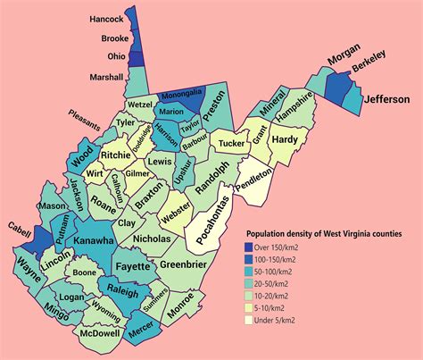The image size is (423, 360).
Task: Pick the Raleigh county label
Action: pos(122,291)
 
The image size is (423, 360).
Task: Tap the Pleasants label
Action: pos(89,115)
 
